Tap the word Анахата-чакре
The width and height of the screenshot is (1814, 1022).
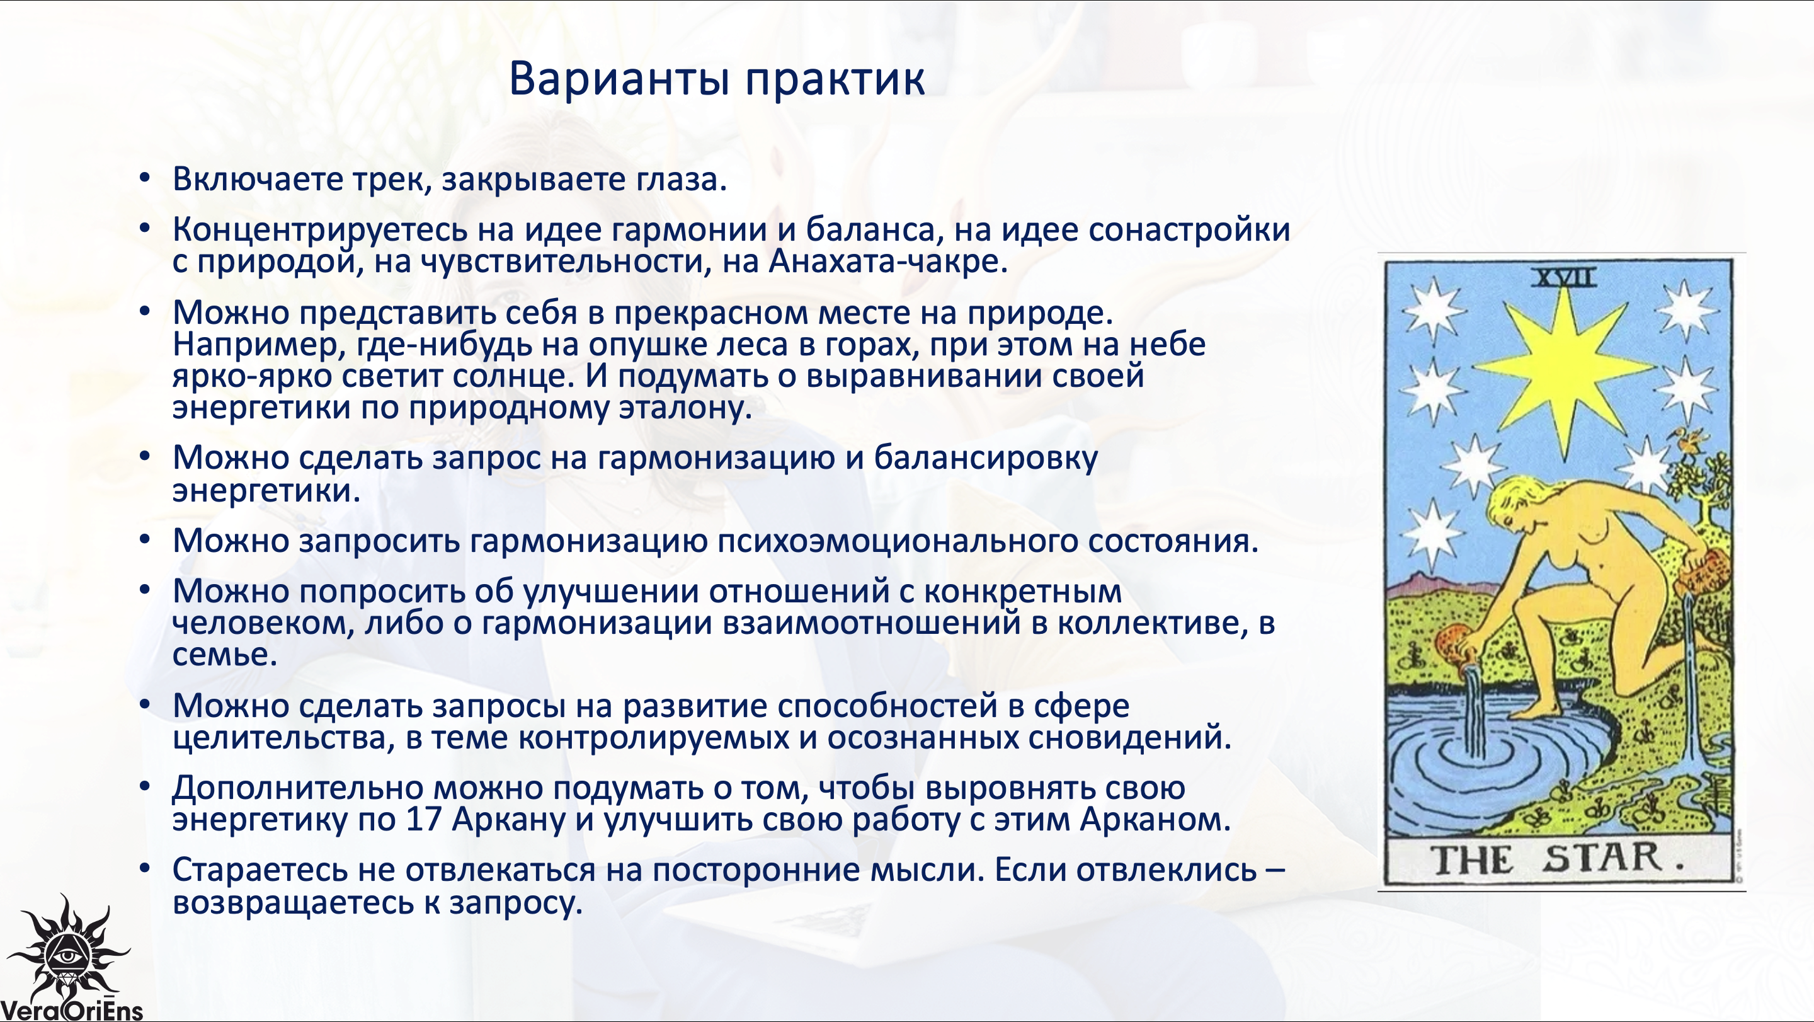pos(888,261)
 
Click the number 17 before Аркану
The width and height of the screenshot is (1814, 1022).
pos(423,819)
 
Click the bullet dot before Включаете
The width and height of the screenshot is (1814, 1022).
pos(144,179)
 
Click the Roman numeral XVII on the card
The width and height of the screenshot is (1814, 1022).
pos(1564,277)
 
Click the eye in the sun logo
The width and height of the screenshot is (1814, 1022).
pos(67,956)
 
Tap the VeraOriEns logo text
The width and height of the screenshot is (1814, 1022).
pos(71,1011)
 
